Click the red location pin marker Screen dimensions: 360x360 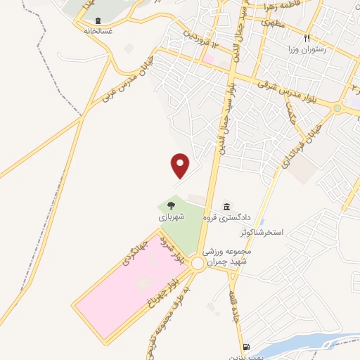[181, 165]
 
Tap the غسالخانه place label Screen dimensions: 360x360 [98, 32]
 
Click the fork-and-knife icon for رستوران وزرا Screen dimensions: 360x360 [307, 37]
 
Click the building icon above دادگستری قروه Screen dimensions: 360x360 [226, 206]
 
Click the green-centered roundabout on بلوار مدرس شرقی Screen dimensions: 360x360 [337, 108]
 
